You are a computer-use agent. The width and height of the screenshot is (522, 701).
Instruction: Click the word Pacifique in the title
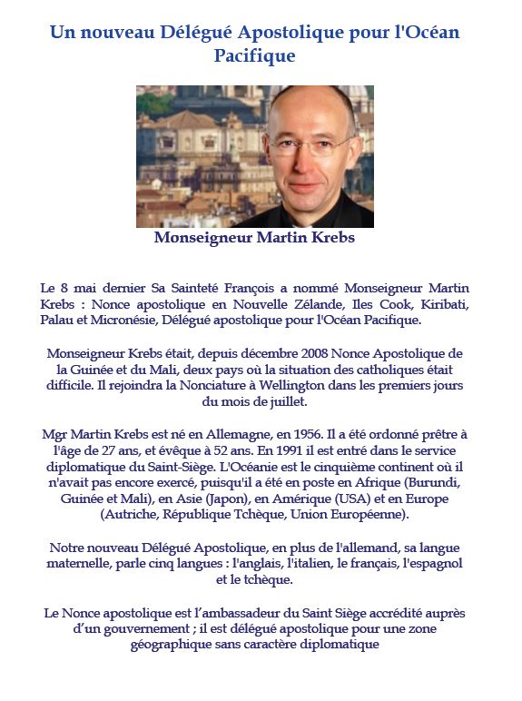tap(254, 55)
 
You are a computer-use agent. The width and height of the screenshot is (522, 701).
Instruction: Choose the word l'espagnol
tap(431, 564)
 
